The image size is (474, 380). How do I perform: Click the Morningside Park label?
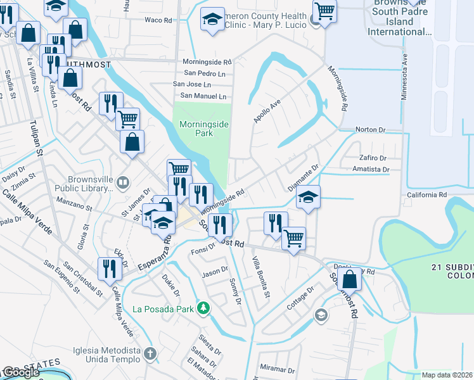[203, 129]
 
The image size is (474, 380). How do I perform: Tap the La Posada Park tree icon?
[203, 308]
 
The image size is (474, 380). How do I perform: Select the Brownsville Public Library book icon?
[124, 183]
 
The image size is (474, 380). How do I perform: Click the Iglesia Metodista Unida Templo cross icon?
[150, 353]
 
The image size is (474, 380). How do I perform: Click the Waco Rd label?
[158, 20]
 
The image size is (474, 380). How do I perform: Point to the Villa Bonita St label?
[260, 277]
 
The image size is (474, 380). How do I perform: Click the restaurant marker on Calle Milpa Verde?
[110, 268]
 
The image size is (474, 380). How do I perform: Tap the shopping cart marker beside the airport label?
[324, 11]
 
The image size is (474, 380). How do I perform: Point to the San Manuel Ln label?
[200, 96]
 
